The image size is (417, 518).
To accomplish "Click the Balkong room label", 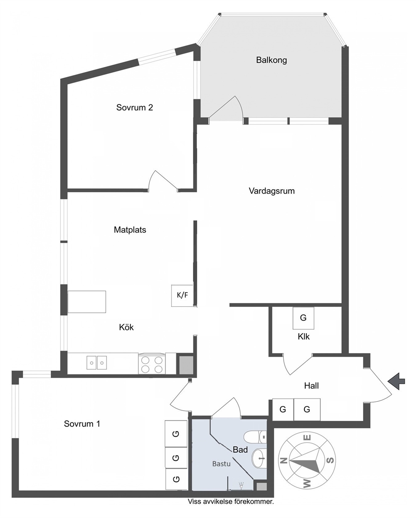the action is click(271, 60).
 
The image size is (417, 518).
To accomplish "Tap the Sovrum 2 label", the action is click(135, 107).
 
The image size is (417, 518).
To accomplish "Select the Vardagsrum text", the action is click(272, 191).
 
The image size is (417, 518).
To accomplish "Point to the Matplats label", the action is click(130, 230).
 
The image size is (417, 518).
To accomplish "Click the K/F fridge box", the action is click(182, 295).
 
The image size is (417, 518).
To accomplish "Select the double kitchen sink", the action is click(97, 363).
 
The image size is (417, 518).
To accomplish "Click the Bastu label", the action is click(221, 464).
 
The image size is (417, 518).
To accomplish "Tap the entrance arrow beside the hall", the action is click(396, 381).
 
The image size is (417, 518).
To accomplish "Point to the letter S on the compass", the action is click(330, 460).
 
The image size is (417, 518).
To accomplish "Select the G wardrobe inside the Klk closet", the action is click(303, 318).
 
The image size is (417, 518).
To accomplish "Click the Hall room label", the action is click(311, 385).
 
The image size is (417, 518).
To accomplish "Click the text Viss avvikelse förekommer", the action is click(231, 502).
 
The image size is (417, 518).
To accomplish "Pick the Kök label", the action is click(126, 327).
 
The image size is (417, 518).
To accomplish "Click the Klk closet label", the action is click(304, 337).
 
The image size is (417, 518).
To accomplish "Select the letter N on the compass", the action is click(284, 460).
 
